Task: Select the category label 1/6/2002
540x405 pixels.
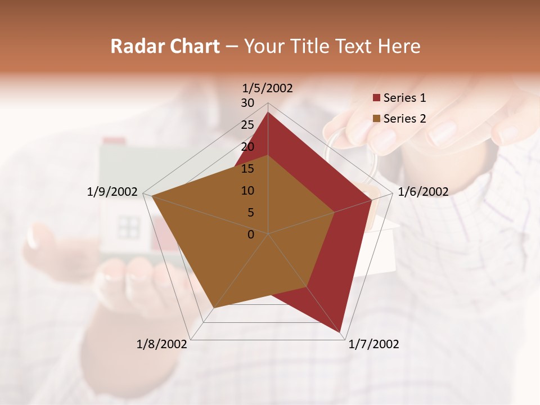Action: (x=423, y=192)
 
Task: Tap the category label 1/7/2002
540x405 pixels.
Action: (x=373, y=344)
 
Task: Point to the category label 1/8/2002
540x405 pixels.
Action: (x=162, y=344)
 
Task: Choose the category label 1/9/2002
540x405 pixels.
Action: (x=112, y=192)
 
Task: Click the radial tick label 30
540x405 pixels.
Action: (x=247, y=103)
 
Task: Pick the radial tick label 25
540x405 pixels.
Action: (x=247, y=125)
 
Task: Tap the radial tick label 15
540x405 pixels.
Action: (x=247, y=169)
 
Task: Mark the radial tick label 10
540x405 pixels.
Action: (x=247, y=191)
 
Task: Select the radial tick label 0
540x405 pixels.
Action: (x=251, y=235)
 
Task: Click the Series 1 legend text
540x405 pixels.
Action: (x=404, y=98)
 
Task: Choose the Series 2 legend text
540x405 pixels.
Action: (x=404, y=119)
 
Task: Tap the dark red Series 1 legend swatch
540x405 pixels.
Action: (x=376, y=98)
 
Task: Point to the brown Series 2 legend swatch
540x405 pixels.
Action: (x=376, y=119)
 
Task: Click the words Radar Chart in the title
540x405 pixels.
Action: (x=165, y=46)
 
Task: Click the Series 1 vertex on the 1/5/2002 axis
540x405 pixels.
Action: (x=268, y=112)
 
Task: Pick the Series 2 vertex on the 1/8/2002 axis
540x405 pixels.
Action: (x=213, y=308)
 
